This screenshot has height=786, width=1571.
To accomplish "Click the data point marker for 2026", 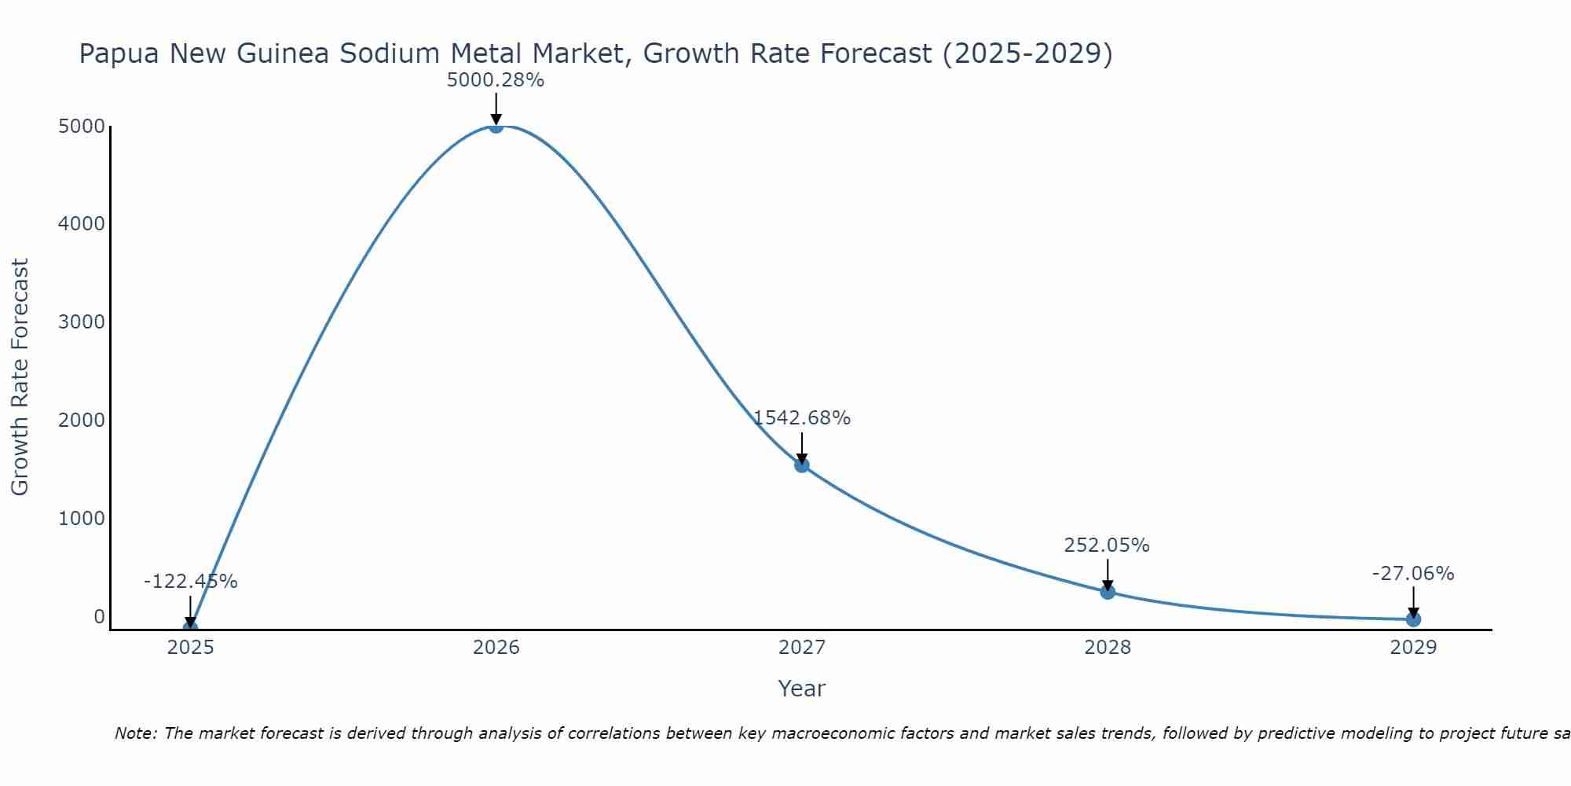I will (x=496, y=126).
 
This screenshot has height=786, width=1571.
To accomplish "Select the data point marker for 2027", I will (x=801, y=465).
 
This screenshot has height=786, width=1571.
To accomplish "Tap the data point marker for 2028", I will (x=1108, y=592).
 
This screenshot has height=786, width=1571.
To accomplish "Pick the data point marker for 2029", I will (x=1413, y=619).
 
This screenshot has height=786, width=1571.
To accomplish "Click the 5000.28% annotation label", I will (x=495, y=80).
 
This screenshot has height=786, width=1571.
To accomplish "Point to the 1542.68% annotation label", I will (x=801, y=418).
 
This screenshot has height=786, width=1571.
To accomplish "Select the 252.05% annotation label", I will (x=1107, y=545).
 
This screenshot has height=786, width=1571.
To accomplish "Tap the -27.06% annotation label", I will (x=1413, y=574).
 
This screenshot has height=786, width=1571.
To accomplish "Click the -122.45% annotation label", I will (x=190, y=582).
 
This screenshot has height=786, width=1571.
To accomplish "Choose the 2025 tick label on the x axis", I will (x=190, y=648).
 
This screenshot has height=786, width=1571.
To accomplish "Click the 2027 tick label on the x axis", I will (x=801, y=648).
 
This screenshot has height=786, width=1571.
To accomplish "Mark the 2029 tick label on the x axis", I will (x=1413, y=648).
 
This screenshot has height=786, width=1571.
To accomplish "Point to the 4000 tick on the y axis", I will (x=82, y=224).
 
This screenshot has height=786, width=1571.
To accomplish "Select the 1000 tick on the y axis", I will (x=82, y=519).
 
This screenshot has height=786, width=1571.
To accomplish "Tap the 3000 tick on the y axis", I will (x=82, y=322).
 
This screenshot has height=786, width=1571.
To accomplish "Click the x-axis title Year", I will (x=801, y=689).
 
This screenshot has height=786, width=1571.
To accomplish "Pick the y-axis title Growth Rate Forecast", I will (x=20, y=376).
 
